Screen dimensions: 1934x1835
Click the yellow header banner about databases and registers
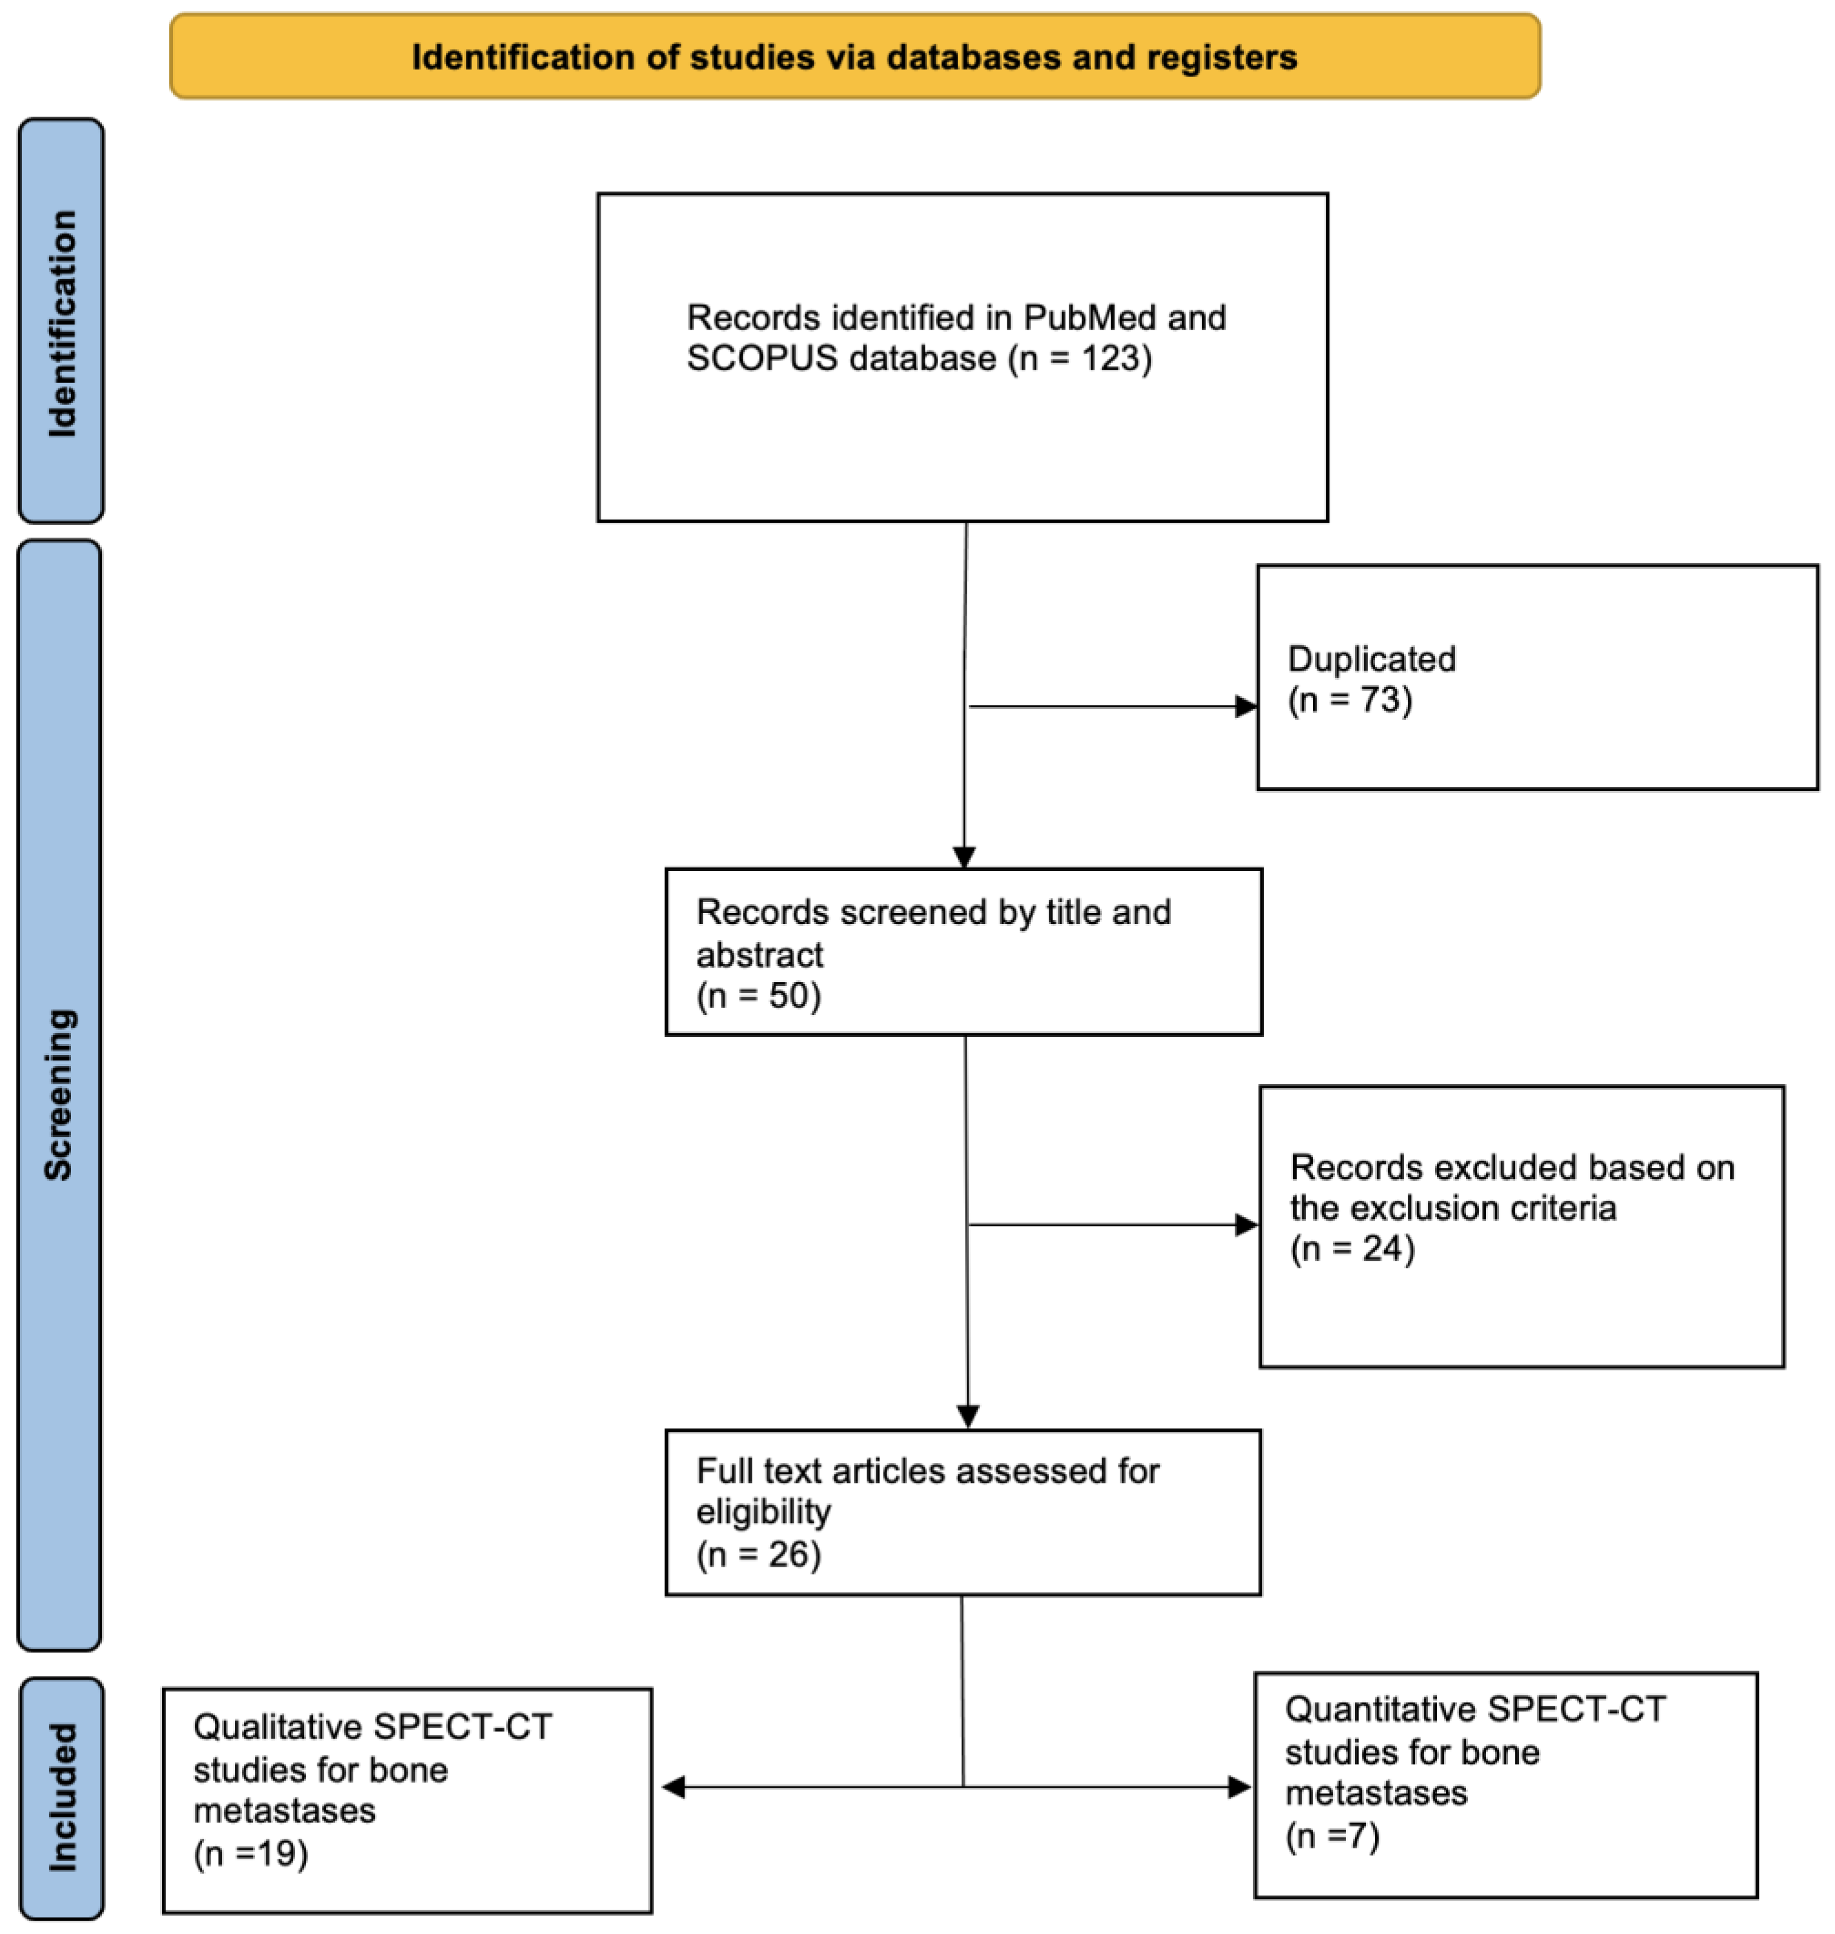(x=855, y=56)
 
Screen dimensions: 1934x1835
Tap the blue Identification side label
(x=61, y=322)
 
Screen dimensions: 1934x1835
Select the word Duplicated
(x=1371, y=659)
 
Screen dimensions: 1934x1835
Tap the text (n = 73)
(x=1350, y=701)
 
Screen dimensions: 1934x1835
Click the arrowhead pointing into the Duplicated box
(x=1246, y=707)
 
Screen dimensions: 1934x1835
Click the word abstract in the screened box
(x=760, y=955)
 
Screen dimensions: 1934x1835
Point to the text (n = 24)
(x=1353, y=1249)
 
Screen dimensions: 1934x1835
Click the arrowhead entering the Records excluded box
(x=1246, y=1225)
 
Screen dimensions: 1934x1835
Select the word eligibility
(x=763, y=1512)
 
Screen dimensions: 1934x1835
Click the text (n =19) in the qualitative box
(x=251, y=1854)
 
